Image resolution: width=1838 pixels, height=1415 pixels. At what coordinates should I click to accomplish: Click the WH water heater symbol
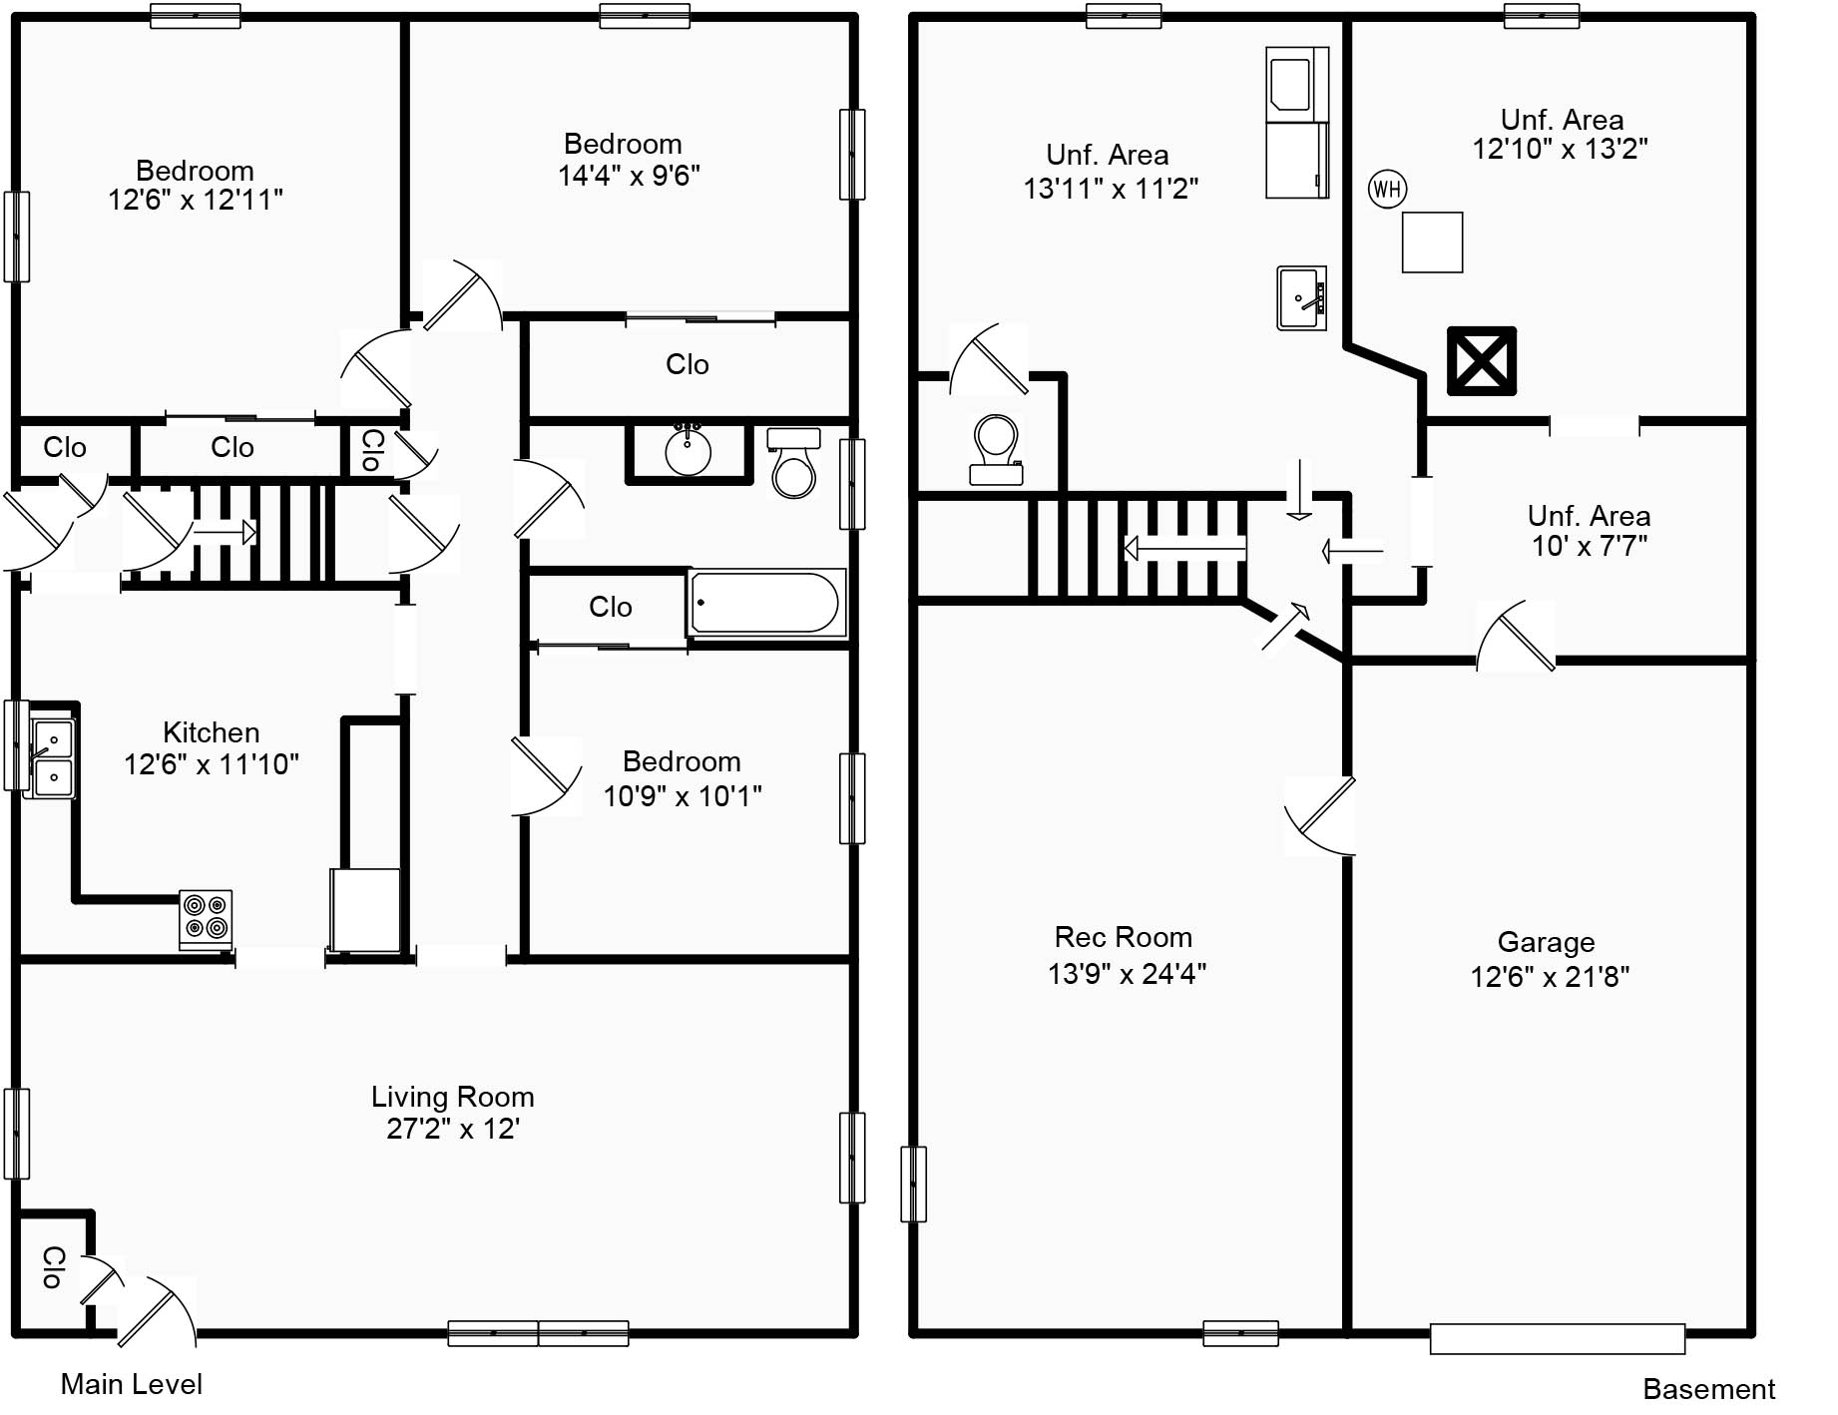click(1387, 189)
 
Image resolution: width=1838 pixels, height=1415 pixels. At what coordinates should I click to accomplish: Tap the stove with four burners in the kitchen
click(206, 918)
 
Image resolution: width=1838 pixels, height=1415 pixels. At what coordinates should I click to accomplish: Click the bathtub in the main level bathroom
click(765, 603)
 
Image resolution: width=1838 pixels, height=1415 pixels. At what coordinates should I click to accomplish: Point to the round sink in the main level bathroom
click(688, 451)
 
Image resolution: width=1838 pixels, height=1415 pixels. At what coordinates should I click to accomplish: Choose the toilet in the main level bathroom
click(794, 464)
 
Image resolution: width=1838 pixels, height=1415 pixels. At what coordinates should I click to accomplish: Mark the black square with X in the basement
click(1482, 361)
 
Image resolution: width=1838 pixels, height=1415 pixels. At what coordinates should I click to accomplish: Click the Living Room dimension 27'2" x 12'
click(452, 1129)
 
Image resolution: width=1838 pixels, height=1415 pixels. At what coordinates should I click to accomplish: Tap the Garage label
click(1546, 942)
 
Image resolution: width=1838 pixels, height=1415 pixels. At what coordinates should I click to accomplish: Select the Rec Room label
click(1124, 937)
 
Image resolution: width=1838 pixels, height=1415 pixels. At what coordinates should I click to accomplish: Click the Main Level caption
click(131, 1384)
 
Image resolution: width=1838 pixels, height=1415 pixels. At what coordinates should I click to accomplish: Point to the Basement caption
click(1708, 1389)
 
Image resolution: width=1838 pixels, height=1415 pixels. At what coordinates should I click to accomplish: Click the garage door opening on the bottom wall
click(1557, 1338)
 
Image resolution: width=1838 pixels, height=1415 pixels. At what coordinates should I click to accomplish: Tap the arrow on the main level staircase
click(225, 533)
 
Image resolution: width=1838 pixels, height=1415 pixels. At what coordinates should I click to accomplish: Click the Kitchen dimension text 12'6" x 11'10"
click(211, 764)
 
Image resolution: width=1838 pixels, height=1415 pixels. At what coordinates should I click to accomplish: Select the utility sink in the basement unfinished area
click(1302, 297)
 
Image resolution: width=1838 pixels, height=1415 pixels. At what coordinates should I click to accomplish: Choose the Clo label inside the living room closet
click(52, 1267)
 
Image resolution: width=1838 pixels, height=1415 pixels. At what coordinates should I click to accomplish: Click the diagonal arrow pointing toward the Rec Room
click(1286, 626)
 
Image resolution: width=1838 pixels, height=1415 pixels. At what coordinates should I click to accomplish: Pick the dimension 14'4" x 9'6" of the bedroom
click(629, 176)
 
